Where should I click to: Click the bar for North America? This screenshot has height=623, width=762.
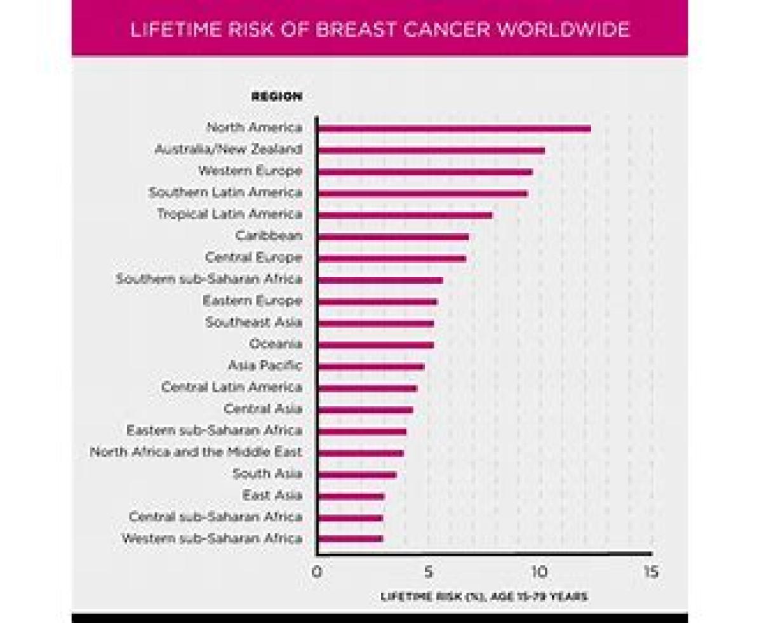pos(453,129)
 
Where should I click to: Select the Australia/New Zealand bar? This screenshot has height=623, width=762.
pos(431,151)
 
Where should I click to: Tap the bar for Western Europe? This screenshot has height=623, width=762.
pos(424,172)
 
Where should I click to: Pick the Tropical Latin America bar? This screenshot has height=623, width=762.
pos(404,215)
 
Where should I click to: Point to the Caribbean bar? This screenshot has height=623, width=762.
pos(392,237)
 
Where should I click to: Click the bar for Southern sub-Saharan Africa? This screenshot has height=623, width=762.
pos(380,280)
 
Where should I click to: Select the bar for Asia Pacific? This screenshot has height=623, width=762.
pos(370,366)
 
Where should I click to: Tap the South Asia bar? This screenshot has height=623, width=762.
pos(356,474)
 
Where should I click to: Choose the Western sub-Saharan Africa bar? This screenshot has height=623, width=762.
pos(350,539)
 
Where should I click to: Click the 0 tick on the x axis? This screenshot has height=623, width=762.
pos(317,572)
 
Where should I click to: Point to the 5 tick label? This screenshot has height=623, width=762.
pos(429,572)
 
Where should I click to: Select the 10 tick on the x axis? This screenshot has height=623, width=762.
pos(539,572)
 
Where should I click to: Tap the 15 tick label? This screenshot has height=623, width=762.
pos(650,572)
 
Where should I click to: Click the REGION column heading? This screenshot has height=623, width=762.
pos(277,97)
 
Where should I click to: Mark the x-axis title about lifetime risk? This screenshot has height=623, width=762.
pos(484,597)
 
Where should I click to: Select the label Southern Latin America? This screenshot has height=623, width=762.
pos(225,192)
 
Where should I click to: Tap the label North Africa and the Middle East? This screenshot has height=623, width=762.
pos(196,453)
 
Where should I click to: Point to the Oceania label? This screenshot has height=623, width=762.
pos(276,344)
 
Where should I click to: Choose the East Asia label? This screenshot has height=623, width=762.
pos(272,495)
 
